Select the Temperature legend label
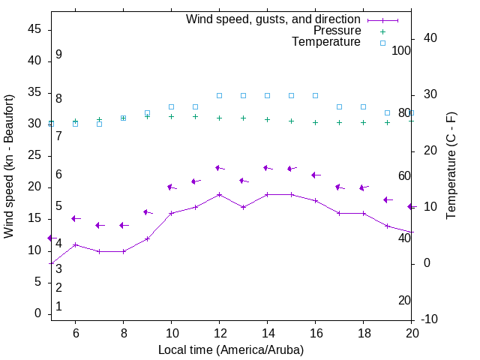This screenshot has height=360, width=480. [x=326, y=42]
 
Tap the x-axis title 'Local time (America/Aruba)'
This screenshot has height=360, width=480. [x=231, y=349]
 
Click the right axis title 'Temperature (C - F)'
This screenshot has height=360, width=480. [x=451, y=166]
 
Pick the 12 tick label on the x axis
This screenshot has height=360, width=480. [x=219, y=333]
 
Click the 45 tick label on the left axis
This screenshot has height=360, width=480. [x=34, y=29]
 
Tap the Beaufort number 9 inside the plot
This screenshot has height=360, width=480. [x=58, y=55]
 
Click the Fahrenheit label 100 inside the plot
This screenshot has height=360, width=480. [x=402, y=50]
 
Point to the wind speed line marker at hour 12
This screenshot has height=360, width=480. [x=219, y=194]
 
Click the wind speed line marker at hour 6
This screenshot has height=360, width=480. [x=75, y=244]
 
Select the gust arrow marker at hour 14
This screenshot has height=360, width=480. [x=267, y=168]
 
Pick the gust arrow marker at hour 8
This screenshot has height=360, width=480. [x=123, y=225]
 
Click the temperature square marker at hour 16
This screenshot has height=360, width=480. [x=315, y=96]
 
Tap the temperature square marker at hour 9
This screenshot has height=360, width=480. [x=147, y=112]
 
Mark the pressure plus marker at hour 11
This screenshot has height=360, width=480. [x=195, y=116]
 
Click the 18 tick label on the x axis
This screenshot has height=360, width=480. [x=363, y=333]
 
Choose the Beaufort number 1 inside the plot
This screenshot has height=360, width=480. [x=58, y=307]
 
